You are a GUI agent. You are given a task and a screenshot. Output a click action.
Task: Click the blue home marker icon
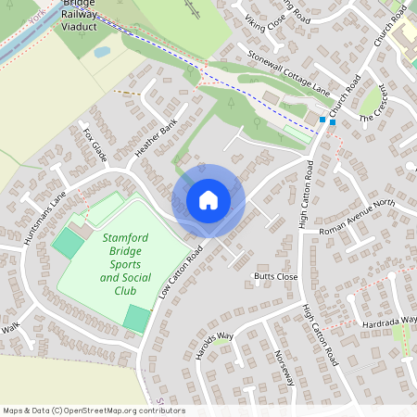208,200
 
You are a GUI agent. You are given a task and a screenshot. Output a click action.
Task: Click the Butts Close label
275,276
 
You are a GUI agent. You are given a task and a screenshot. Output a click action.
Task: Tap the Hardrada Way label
389,322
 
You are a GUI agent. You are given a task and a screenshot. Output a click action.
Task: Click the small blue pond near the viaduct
102,52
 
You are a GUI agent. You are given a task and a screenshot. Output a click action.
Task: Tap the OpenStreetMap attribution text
94,410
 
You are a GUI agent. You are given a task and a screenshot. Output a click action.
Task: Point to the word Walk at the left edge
10,328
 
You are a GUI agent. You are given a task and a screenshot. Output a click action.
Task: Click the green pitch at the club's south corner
136,318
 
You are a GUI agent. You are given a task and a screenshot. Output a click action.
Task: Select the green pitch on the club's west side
67,244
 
